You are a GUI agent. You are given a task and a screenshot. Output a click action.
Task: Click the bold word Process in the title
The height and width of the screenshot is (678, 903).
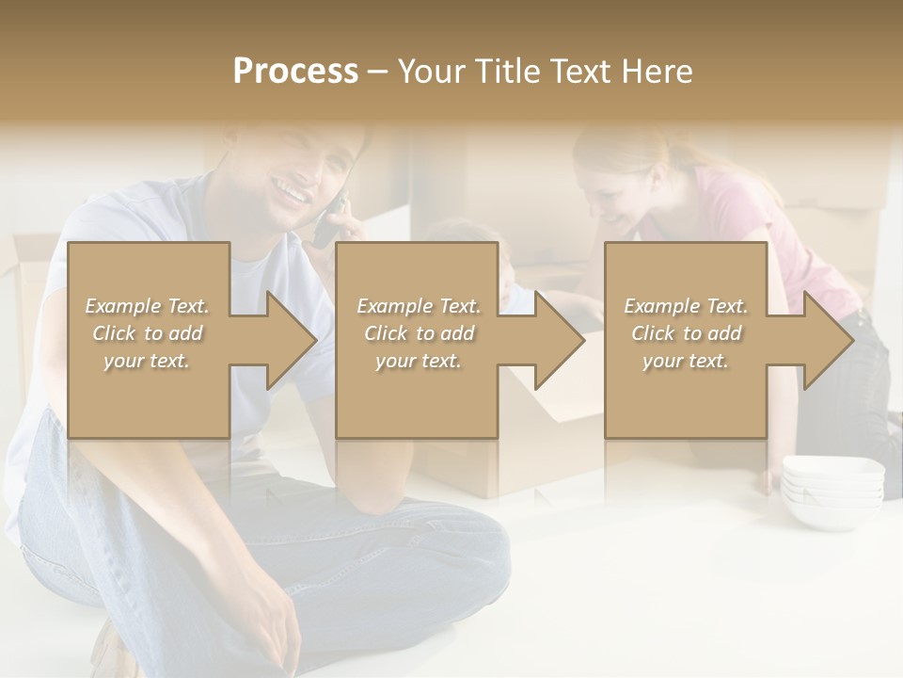pyautogui.click(x=295, y=72)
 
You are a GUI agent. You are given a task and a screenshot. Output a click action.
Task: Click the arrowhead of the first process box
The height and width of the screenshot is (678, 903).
pyautogui.click(x=291, y=340)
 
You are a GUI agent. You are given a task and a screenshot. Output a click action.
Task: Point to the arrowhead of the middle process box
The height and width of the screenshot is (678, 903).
pyautogui.click(x=559, y=340)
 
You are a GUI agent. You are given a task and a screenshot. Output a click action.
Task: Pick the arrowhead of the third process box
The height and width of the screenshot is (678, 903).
pyautogui.click(x=828, y=340)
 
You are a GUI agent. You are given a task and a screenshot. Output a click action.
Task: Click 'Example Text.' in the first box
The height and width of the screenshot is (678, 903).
pyautogui.click(x=148, y=306)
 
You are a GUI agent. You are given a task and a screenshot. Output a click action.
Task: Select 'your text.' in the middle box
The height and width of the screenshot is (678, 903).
pyautogui.click(x=418, y=361)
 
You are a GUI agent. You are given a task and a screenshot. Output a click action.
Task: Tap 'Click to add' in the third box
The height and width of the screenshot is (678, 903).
pyautogui.click(x=686, y=333)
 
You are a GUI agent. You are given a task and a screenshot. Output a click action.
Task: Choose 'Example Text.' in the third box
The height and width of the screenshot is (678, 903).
pyautogui.click(x=686, y=306)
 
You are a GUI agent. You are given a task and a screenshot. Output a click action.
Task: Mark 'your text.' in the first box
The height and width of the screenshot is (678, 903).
pyautogui.click(x=148, y=361)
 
